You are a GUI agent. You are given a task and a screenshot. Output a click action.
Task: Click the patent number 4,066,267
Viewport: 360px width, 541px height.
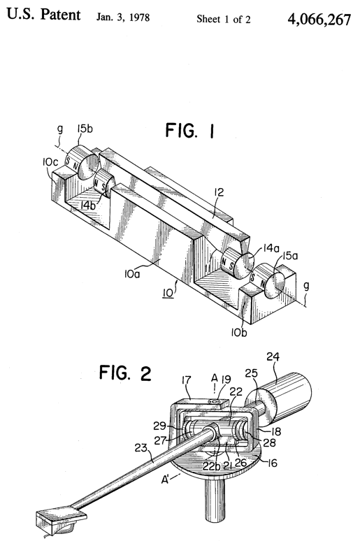[319, 20]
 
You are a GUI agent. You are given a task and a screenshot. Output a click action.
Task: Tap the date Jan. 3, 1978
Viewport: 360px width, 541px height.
[123, 17]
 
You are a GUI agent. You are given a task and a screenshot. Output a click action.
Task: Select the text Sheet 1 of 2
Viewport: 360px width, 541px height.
[224, 19]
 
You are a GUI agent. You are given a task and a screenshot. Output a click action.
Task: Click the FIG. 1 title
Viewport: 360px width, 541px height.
[190, 131]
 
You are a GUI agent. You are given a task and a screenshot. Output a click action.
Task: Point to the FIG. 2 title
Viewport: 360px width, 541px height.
[125, 373]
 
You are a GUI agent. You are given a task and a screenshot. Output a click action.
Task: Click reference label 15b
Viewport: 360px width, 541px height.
[85, 129]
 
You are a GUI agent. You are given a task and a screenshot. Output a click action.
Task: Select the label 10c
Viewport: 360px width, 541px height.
[50, 162]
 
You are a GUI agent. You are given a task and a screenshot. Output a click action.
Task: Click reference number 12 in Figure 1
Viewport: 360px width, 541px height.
[219, 192]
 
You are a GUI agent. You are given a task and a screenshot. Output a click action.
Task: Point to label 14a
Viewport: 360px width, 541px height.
[271, 247]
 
